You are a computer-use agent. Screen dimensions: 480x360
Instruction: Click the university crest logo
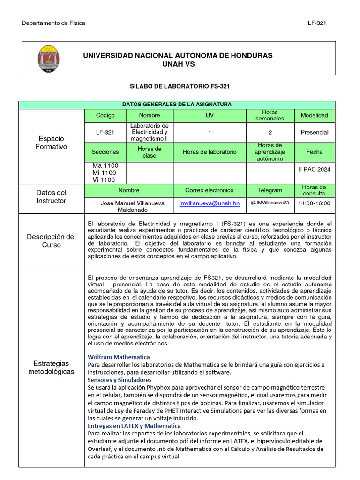point(48,58)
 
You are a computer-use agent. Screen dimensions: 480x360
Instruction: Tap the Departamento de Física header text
point(53,23)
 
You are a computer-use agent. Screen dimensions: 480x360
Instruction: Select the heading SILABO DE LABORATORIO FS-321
point(180,86)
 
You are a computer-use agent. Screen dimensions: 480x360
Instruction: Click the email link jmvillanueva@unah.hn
point(209,203)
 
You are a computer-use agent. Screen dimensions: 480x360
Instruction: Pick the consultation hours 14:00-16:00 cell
point(314,203)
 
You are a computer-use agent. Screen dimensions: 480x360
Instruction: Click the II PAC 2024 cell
point(314,169)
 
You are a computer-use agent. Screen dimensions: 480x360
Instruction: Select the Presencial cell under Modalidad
point(314,132)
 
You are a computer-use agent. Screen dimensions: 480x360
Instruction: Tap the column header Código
point(105,115)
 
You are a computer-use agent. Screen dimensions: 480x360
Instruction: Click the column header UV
point(210,115)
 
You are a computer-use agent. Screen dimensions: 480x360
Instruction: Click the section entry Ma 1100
point(105,166)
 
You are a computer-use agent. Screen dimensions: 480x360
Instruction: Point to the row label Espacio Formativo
point(51,142)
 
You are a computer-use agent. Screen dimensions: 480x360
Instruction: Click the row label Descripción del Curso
point(51,240)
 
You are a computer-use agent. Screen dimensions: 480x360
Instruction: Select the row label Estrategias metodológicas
point(51,367)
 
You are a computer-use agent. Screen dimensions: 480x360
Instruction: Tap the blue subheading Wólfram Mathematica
point(119,357)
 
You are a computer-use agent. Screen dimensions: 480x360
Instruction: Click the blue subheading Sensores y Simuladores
point(120,379)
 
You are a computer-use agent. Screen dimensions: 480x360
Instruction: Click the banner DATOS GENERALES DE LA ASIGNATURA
point(177,105)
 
